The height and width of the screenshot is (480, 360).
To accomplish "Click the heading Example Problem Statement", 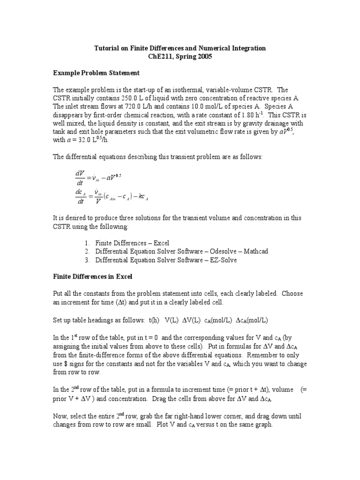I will coord(96,74).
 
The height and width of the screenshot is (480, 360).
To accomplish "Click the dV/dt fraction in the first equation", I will coord(79,179).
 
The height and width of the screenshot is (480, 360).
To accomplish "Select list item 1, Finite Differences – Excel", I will coord(132,243).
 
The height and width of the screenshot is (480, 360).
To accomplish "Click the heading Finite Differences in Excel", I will coord(93,277).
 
